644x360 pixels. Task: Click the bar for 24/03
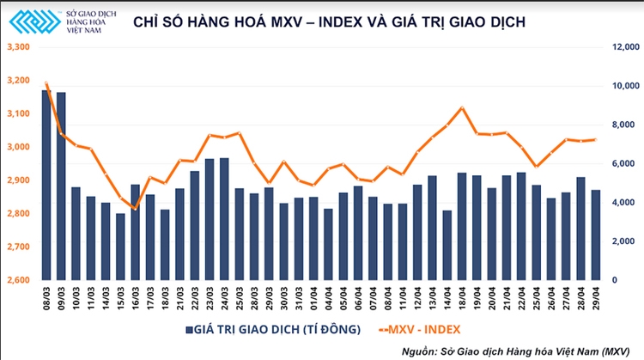click(x=224, y=219)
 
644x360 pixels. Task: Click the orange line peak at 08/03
click(x=46, y=83)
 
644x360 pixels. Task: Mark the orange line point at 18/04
click(x=462, y=107)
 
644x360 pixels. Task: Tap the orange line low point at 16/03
click(x=135, y=209)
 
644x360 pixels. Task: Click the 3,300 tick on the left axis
click(x=17, y=47)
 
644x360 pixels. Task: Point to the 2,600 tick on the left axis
click(x=17, y=280)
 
